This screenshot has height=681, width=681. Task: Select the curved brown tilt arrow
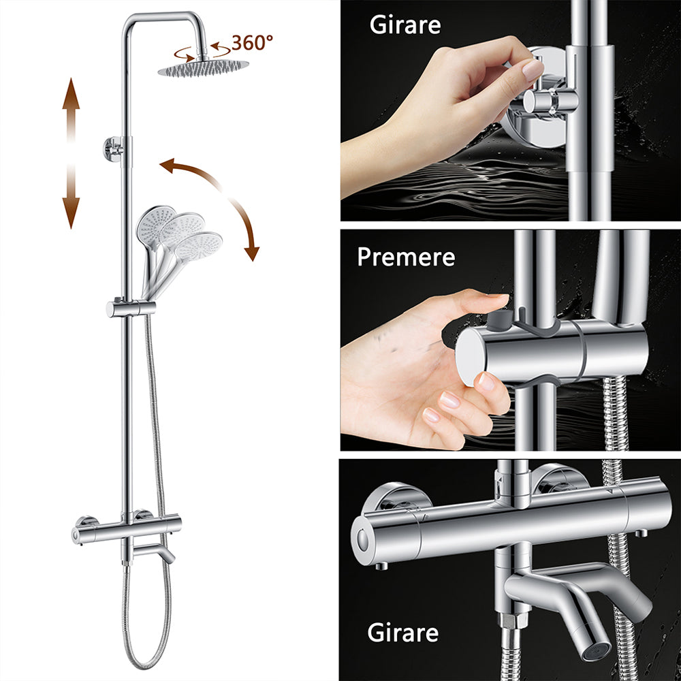(219, 201)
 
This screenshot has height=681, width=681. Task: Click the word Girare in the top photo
(405, 25)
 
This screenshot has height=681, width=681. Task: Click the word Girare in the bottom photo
(403, 633)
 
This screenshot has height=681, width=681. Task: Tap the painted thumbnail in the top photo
(533, 68)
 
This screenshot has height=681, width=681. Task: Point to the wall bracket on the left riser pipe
(113, 148)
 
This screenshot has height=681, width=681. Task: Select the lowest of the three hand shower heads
(197, 244)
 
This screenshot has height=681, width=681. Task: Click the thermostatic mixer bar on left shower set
(126, 528)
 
